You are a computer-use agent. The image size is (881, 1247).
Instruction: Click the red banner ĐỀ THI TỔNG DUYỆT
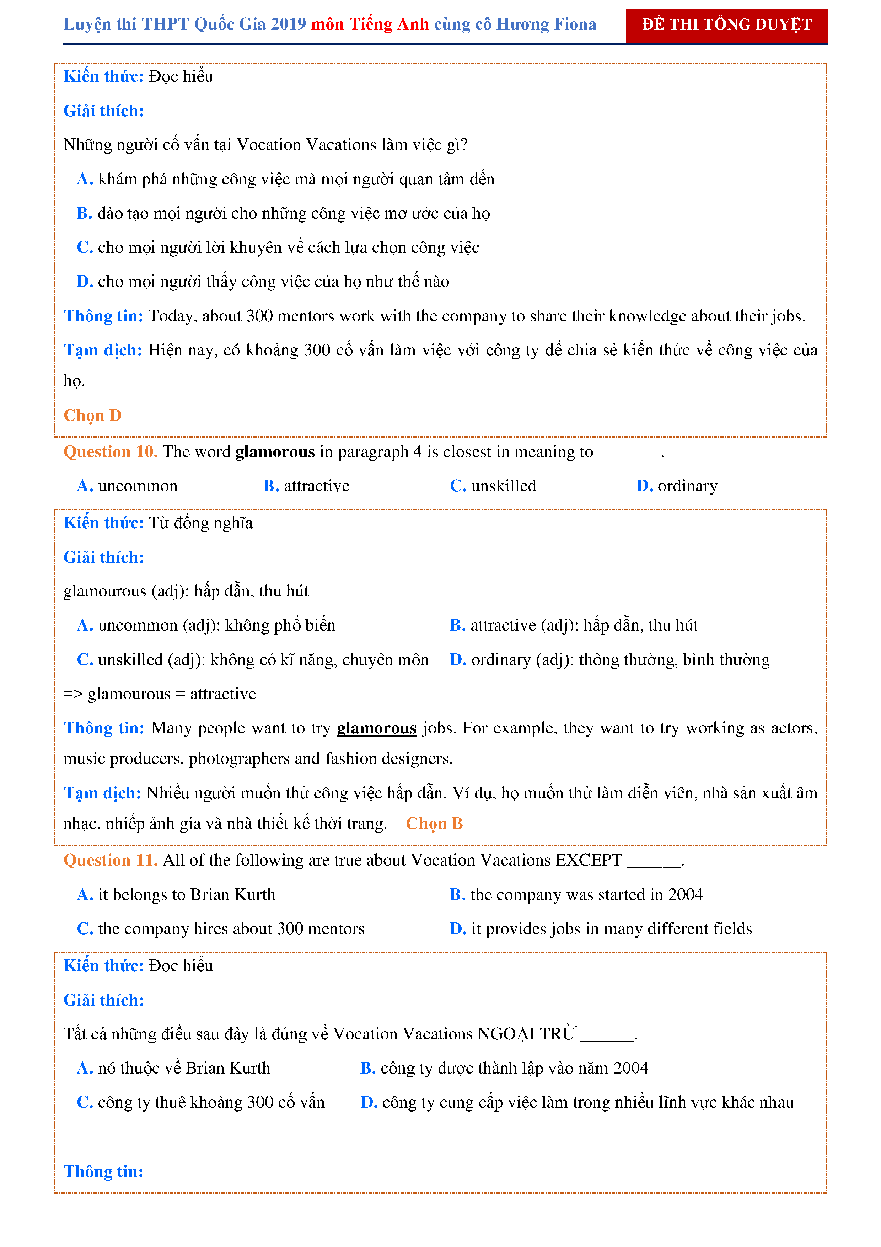coord(726,25)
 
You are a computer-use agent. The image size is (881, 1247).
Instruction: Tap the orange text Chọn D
coord(92,416)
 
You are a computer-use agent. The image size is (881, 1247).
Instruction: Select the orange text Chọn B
coord(434,824)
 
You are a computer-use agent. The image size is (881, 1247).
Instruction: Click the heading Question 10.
coord(110,452)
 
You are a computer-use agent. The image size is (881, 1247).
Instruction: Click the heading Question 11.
coord(110,860)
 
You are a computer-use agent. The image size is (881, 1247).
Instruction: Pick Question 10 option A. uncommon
coord(128,486)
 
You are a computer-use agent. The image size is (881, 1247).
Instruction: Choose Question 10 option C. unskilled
coord(493,486)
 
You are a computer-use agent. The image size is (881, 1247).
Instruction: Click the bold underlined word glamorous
coord(376,728)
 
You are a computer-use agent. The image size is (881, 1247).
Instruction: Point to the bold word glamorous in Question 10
coord(275,452)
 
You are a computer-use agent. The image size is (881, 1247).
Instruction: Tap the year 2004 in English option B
coord(685,894)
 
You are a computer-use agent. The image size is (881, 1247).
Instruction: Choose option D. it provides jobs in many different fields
coord(600,929)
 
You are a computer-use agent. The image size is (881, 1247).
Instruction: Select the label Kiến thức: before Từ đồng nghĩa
coord(103,523)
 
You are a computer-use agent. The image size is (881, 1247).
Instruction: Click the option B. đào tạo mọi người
coord(283,213)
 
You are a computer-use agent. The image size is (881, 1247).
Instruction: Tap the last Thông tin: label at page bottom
coord(103,1172)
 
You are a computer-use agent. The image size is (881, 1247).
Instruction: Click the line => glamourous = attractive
coord(160,694)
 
